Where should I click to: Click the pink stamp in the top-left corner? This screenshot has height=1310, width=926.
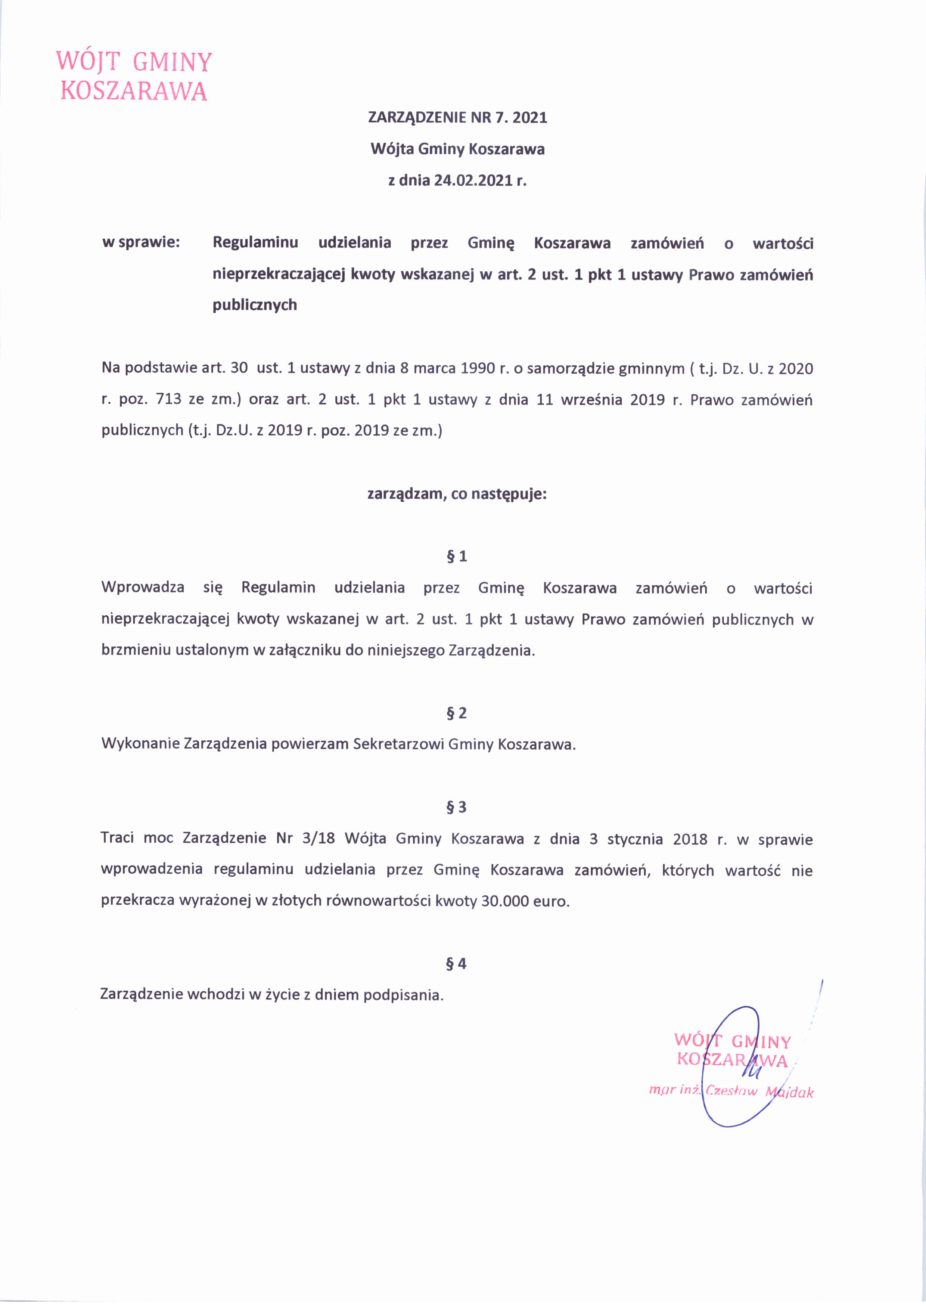point(134,76)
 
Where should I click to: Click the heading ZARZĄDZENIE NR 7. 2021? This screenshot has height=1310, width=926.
point(457,118)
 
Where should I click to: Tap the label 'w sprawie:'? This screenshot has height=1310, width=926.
point(140,242)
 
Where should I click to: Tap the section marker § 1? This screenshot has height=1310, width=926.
point(457,556)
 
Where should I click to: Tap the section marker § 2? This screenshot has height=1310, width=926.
point(457,713)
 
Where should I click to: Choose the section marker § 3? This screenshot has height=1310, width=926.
point(457,807)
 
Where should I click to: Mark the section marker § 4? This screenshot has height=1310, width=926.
point(457,964)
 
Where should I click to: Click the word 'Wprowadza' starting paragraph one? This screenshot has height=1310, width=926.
point(143,588)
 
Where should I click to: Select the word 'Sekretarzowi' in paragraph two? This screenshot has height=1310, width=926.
point(398,744)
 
